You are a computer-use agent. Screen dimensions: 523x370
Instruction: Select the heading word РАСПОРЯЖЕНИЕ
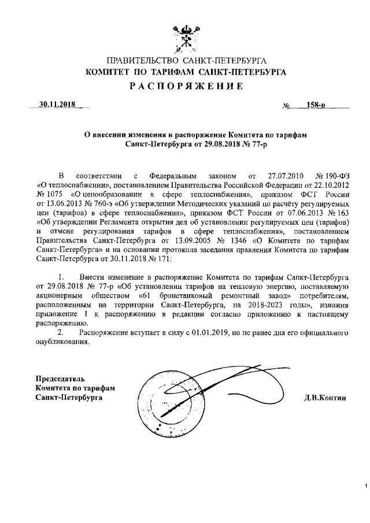pos(186,87)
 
